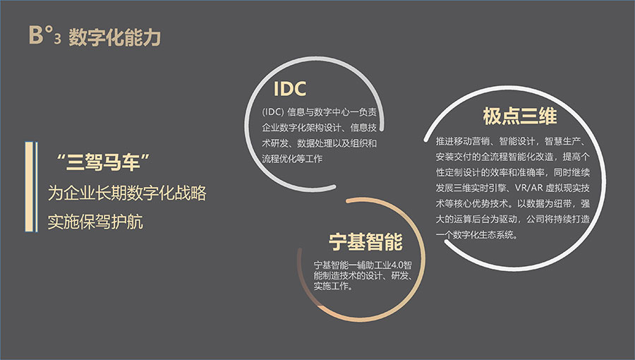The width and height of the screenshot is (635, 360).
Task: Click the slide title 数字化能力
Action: [115, 37]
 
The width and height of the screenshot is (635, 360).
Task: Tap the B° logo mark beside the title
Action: [40, 35]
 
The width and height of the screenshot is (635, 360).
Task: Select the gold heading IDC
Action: [290, 89]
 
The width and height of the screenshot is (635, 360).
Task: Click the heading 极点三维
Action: [520, 116]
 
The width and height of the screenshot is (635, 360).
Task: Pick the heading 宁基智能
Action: [365, 241]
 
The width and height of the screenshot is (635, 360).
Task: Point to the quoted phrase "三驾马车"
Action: [103, 162]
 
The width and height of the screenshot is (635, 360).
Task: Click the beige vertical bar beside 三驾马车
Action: [29, 186]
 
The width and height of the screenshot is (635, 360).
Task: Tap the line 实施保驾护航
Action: [95, 222]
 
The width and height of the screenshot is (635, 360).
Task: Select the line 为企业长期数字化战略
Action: [127, 193]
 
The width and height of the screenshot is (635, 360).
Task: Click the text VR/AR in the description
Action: [528, 188]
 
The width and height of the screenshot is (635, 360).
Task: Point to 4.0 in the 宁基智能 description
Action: [398, 265]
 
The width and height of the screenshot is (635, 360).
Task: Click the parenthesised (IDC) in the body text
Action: [272, 112]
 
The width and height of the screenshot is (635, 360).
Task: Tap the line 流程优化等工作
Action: [292, 159]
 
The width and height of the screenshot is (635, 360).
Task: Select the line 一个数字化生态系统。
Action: [477, 235]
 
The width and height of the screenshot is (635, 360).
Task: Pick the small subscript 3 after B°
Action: [58, 39]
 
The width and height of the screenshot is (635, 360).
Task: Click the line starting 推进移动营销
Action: [510, 141]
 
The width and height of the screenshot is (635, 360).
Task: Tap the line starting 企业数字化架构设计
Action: [319, 128]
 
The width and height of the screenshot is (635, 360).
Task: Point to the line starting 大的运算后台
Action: [513, 219]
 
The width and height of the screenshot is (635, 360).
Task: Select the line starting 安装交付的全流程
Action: [513, 157]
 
